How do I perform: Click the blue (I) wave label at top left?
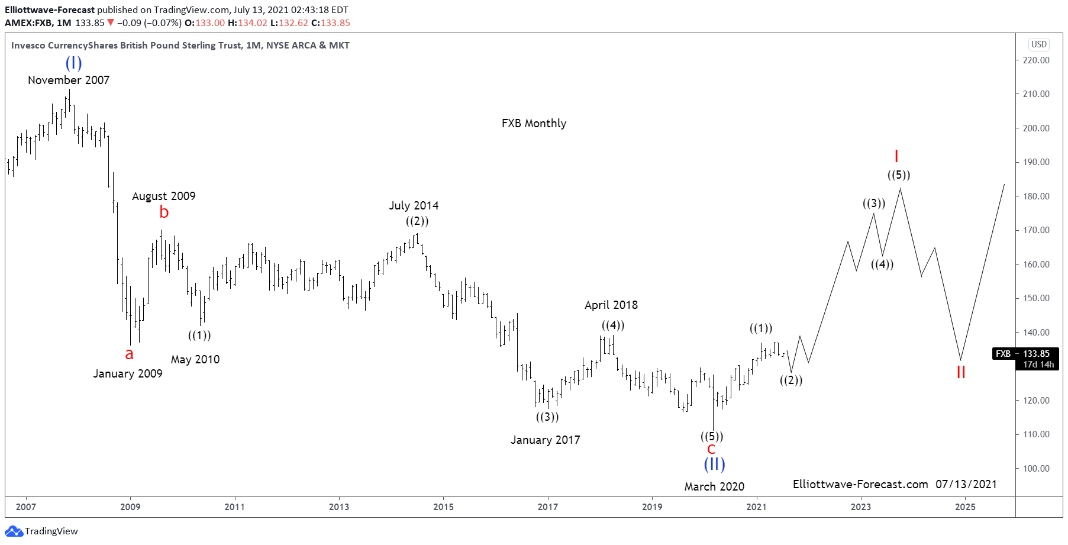click(73, 63)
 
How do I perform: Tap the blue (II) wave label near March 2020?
click(714, 464)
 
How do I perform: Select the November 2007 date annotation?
click(69, 80)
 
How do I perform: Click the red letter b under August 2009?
click(164, 212)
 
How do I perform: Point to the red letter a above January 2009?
click(129, 354)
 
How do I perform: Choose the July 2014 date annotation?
click(414, 205)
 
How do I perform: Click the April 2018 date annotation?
click(611, 305)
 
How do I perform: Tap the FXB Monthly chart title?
click(534, 123)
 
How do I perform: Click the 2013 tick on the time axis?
click(339, 507)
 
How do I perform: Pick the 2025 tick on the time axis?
click(965, 507)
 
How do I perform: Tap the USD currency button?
click(1038, 44)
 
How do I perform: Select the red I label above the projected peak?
click(896, 156)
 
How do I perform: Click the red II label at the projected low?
click(961, 372)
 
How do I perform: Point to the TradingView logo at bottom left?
click(41, 531)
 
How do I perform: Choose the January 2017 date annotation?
click(545, 440)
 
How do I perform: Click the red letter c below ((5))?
click(711, 449)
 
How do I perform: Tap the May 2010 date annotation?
click(195, 359)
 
